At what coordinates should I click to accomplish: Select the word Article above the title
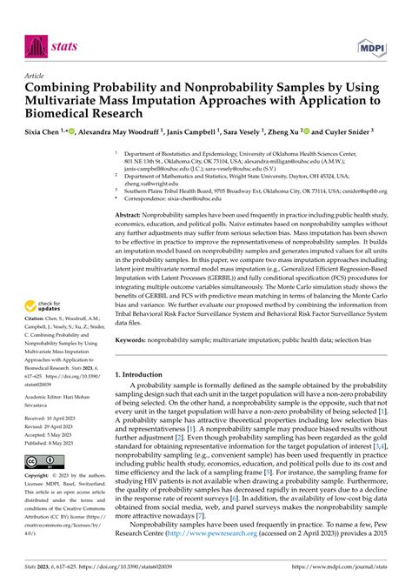(37, 75)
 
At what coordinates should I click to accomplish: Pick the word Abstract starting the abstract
(133, 214)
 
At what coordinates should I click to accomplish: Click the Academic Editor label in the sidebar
(47, 393)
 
